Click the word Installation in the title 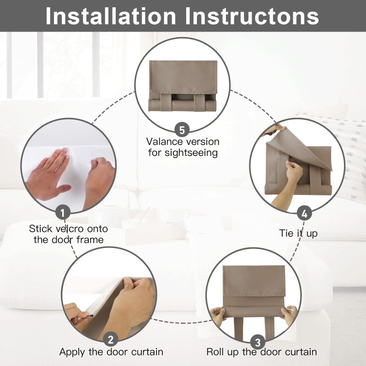[x=111, y=16]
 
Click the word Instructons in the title [x=252, y=16]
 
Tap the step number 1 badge [x=63, y=212]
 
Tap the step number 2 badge [x=111, y=339]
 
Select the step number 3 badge [x=258, y=343]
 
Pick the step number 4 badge [x=304, y=213]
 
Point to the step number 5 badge [x=182, y=130]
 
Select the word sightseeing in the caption [x=191, y=153]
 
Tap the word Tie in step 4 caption [x=286, y=233]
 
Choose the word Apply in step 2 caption [x=72, y=352]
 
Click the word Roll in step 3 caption [x=215, y=352]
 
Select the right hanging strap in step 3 [x=269, y=328]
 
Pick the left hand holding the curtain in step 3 [x=218, y=316]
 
